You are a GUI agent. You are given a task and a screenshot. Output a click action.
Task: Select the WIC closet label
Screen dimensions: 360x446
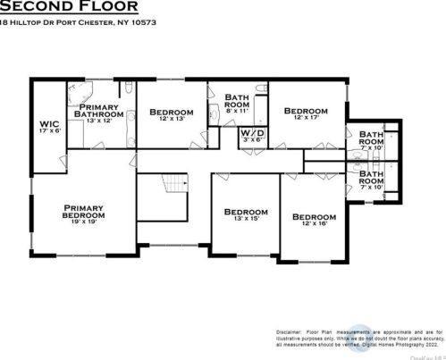click(x=48, y=125)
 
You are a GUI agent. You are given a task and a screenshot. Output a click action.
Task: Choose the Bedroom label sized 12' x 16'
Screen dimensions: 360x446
click(x=315, y=216)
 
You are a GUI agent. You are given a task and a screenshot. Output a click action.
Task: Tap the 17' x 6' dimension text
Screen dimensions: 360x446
click(x=48, y=131)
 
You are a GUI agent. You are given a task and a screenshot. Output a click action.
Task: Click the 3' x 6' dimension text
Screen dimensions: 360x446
click(x=252, y=139)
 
